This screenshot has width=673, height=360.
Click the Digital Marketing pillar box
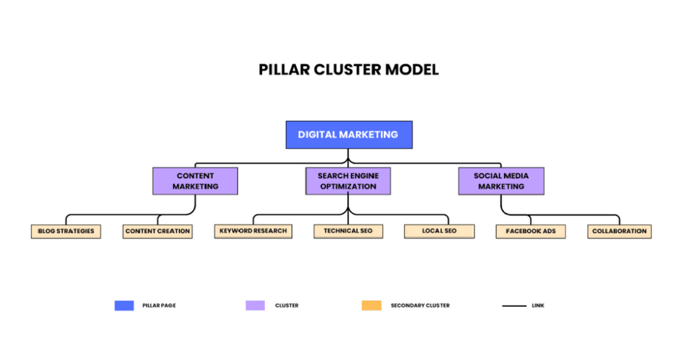pos(348,135)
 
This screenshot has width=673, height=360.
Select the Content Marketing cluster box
pos(195,181)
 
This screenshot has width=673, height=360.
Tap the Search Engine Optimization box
pos(348,181)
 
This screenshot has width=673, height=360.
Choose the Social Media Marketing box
pos(501,181)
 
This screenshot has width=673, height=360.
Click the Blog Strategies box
pos(66,231)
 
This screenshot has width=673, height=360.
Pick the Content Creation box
pos(158,231)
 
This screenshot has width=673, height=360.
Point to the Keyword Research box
pos(253,231)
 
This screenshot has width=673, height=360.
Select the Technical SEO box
pos(348,231)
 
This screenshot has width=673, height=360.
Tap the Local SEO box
pos(439,231)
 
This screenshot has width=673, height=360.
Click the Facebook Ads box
pos(530,231)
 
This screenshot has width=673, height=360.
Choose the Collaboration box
pos(619,231)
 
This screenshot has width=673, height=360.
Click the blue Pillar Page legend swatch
pos(124,305)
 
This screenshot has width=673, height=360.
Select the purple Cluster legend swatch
pos(255,305)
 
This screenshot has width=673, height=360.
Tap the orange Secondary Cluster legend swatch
pos(371,305)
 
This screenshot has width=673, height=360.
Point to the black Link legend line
pos(514,305)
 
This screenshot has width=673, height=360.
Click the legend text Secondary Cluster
pos(420,305)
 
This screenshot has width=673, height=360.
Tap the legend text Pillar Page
pos(159,305)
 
